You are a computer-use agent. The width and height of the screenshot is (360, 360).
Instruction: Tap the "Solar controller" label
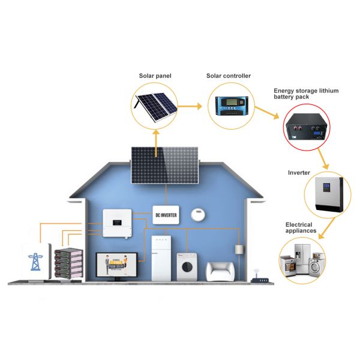pos(228,76)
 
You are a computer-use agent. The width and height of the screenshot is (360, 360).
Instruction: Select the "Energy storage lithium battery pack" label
pos(306,93)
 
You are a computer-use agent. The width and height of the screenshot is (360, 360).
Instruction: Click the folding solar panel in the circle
pos(153,106)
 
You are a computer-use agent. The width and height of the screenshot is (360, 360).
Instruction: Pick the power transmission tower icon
pos(35,262)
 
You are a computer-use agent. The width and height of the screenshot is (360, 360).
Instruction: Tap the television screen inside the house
pos(116,266)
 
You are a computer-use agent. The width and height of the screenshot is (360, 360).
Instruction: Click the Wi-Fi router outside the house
pos(259,277)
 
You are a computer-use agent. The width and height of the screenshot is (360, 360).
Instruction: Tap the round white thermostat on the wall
pos(198,214)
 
